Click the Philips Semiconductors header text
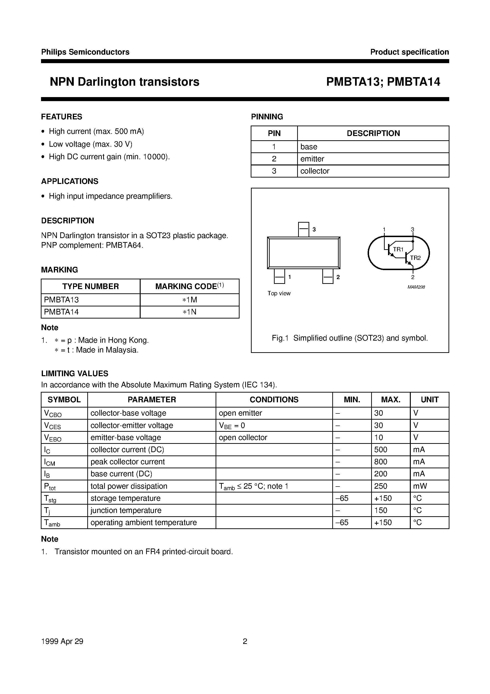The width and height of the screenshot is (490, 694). point(85,52)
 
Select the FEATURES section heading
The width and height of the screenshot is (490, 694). point(62,117)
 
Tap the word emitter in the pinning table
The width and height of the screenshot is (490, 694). point(312,159)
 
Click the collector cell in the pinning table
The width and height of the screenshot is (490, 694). point(314,171)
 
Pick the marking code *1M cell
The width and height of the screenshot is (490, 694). point(190,300)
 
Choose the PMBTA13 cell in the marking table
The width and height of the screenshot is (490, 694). point(61,300)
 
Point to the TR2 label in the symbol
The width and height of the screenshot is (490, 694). point(415,258)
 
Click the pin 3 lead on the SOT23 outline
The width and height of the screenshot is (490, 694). point(303,230)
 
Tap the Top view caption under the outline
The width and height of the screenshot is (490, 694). point(279,293)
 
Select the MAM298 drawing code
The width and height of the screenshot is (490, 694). point(416,287)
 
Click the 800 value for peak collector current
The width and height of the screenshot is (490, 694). point(380,462)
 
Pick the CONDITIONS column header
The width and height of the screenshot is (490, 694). point(274,400)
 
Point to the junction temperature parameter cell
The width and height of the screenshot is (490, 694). point(126,510)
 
